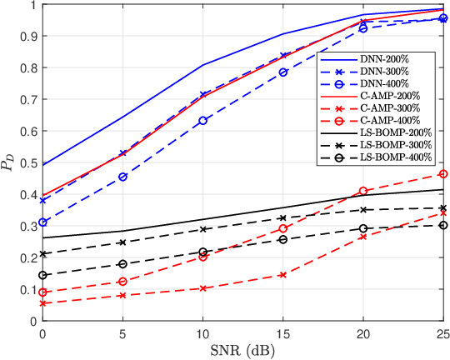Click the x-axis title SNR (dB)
coord(242,351)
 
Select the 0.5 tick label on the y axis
coord(27,162)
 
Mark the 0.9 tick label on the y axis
coord(27,36)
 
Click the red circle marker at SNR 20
coord(362,191)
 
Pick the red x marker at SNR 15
coord(282,274)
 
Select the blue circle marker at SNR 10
coord(202,121)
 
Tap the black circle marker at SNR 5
coord(122,264)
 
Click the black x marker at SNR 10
coord(202,229)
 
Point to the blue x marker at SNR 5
coord(122,153)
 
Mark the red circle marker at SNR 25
coord(442,174)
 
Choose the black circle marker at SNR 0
coord(42,275)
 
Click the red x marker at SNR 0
coord(42,303)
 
